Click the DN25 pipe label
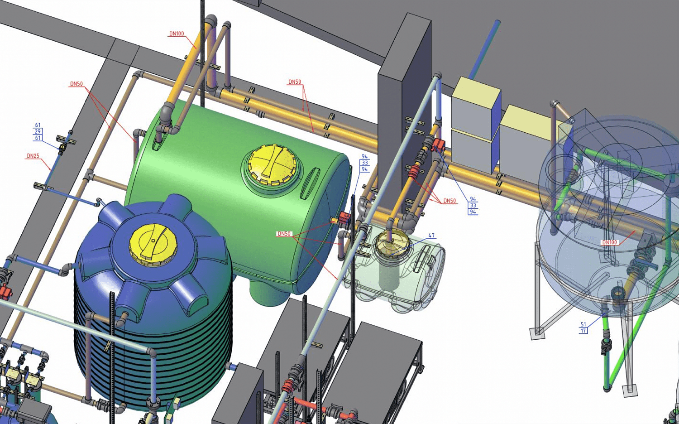pyautogui.click(x=33, y=156)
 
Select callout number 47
pyautogui.click(x=432, y=236)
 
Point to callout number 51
pyautogui.click(x=583, y=324)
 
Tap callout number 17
pyautogui.click(x=583, y=330)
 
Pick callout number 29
pyautogui.click(x=38, y=131)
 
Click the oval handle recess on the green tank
pyautogui.click(x=310, y=183)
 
